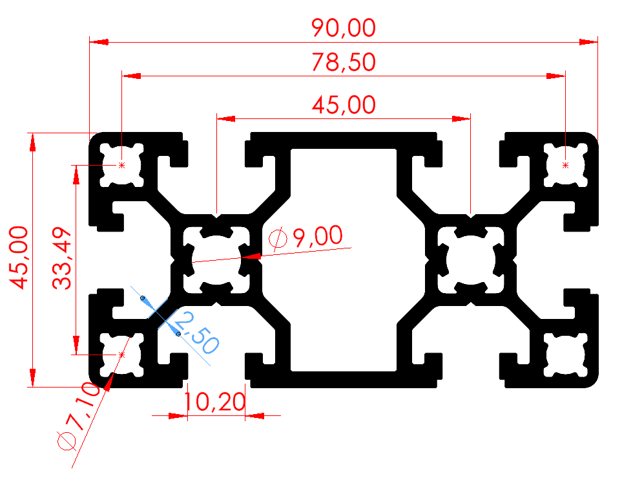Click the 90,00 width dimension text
(x=343, y=28)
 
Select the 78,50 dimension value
(x=343, y=63)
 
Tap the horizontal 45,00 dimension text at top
(x=343, y=104)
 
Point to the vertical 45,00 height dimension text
(x=18, y=257)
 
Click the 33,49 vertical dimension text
(x=62, y=259)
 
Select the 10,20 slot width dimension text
(x=214, y=403)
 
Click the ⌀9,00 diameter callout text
(x=306, y=237)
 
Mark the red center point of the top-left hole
(x=121, y=166)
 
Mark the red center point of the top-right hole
(x=566, y=166)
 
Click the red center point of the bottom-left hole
(x=121, y=355)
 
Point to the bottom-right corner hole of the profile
(x=566, y=355)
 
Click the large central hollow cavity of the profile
(x=343, y=259)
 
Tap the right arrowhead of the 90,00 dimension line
(x=588, y=42)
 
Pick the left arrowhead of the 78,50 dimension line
(x=131, y=76)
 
